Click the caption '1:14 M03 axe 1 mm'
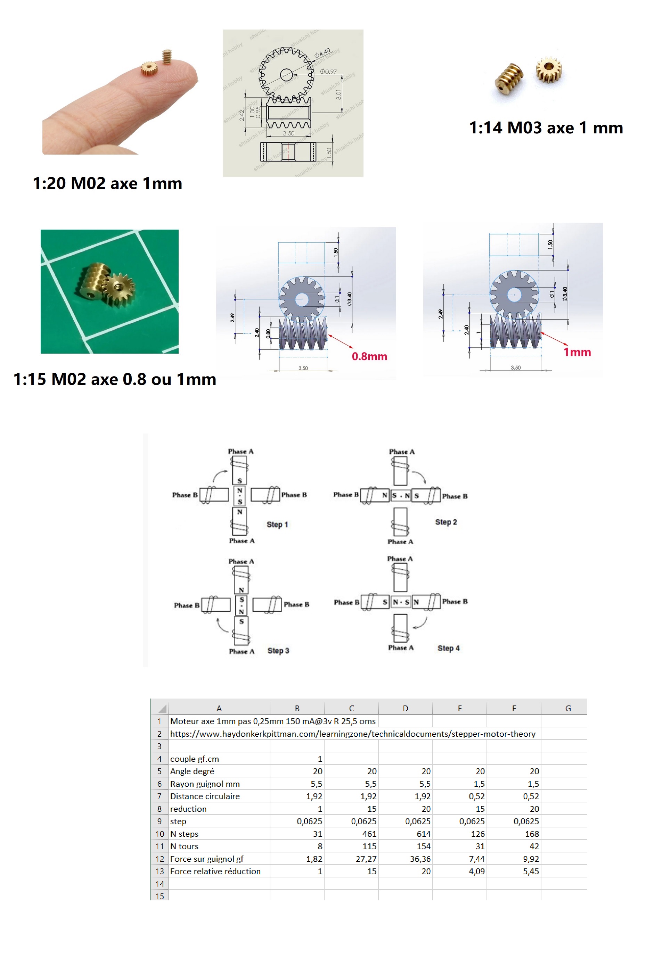[x=545, y=128]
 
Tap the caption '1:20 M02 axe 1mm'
[x=107, y=183]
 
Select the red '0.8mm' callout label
[x=369, y=356]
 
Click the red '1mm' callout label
[x=577, y=352]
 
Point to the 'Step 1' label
[x=277, y=525]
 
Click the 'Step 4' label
[x=448, y=649]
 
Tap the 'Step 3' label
[x=278, y=651]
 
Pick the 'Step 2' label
[x=446, y=522]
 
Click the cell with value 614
[x=423, y=834]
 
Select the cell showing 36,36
[x=420, y=859]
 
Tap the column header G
[x=567, y=708]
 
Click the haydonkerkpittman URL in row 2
[x=352, y=734]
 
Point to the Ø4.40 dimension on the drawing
[x=322, y=53]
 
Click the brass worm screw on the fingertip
[x=167, y=57]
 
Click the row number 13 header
[x=160, y=872]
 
